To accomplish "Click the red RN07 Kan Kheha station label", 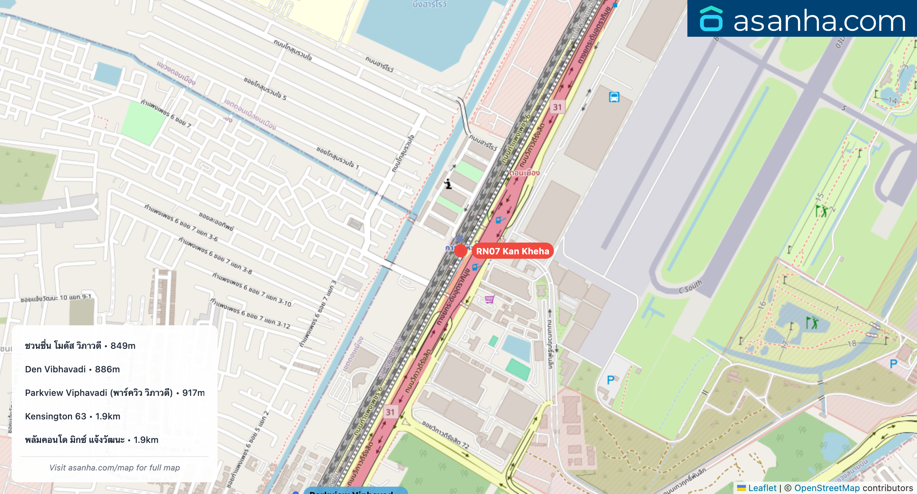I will [x=513, y=251].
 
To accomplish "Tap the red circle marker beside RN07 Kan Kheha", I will [x=460, y=251].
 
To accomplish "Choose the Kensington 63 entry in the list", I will [x=72, y=416].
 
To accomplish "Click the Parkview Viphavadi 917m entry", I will [x=115, y=393].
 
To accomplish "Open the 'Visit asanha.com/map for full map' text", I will [x=115, y=468].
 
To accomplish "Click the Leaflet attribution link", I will [x=762, y=488].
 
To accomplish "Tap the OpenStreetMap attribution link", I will [x=827, y=488].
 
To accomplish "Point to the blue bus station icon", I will [x=614, y=97].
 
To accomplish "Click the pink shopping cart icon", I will [x=489, y=299].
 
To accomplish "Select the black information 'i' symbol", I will [x=448, y=184].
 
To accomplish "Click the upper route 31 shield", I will [x=557, y=107].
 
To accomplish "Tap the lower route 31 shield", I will [x=390, y=412].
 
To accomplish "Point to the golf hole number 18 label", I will [x=852, y=343].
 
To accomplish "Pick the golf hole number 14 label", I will [x=893, y=100].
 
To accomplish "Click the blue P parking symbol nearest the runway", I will [x=611, y=380].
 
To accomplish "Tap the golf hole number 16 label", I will [x=762, y=304].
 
